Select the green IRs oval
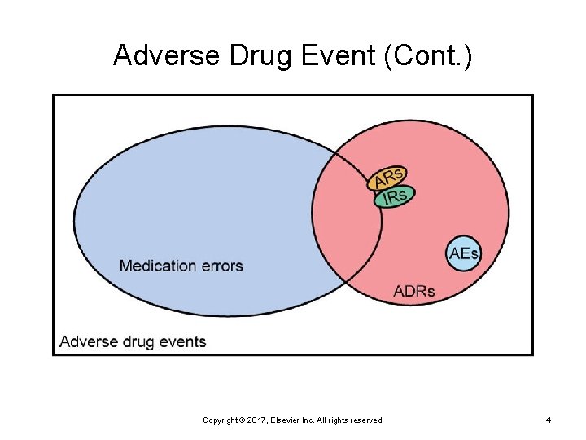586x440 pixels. tap(395, 196)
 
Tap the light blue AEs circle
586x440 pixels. tap(464, 253)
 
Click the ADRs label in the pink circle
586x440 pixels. tap(414, 291)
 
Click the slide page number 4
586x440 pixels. tap(548, 420)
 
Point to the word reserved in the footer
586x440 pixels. tap(366, 420)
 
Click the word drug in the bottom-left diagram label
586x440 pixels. tap(137, 341)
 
